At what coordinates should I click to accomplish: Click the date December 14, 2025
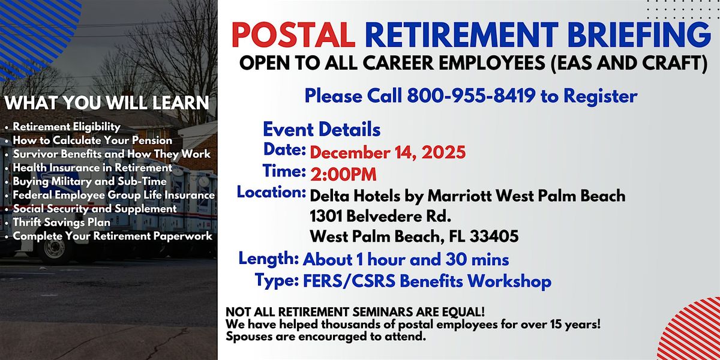388,152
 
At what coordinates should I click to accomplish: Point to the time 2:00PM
343,174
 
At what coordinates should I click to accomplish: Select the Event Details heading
322,129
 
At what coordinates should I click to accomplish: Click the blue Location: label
271,193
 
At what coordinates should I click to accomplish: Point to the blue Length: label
269,259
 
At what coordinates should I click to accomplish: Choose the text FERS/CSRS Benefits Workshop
427,281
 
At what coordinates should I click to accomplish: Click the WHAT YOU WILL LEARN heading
107,103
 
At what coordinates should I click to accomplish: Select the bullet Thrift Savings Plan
61,222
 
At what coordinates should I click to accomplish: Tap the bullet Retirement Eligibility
67,127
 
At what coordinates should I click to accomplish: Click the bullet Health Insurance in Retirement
92,167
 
